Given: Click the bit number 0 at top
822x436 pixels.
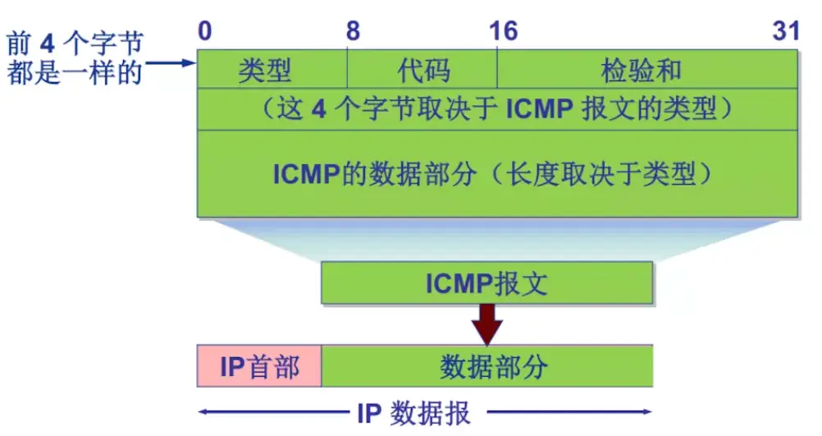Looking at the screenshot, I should pyautogui.click(x=204, y=31).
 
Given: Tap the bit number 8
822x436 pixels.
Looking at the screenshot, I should pyautogui.click(x=353, y=31).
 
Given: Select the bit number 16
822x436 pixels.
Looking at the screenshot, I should pyautogui.click(x=503, y=31).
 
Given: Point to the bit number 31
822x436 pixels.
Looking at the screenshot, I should pyautogui.click(x=785, y=31).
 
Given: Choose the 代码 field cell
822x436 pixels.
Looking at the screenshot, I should pyautogui.click(x=423, y=70).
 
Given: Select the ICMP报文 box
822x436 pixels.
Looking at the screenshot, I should pyautogui.click(x=486, y=283).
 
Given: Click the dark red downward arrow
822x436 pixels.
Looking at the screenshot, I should pyautogui.click(x=487, y=324).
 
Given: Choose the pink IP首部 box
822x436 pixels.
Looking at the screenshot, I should pyautogui.click(x=259, y=366).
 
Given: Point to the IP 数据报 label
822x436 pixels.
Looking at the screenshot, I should pyautogui.click(x=413, y=412).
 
